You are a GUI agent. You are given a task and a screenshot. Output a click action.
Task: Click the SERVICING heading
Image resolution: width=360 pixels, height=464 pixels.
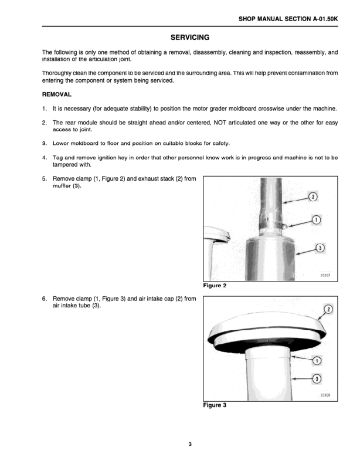pos(189,38)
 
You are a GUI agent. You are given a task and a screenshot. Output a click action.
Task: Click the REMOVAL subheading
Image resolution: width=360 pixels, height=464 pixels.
pos(57,94)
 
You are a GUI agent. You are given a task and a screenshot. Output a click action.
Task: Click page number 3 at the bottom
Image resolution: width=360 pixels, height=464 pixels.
pos(190,443)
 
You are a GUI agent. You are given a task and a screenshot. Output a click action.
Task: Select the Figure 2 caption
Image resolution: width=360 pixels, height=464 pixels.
pos(215,286)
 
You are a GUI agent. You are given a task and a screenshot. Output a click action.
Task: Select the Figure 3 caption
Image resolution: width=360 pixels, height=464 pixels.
pos(215,405)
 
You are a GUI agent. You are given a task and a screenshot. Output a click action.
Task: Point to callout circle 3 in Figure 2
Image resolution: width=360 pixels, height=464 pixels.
pos(320,248)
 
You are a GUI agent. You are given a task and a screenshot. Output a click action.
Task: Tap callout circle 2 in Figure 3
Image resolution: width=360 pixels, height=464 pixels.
pos(328,309)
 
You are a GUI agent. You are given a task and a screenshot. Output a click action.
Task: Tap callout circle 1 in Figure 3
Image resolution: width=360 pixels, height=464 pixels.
pos(316,360)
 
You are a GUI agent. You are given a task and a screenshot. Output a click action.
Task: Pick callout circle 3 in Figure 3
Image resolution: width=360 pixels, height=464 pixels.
pos(317,379)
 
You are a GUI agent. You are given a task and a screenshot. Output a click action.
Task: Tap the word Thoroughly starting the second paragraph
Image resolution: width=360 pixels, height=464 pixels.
pos(59,73)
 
